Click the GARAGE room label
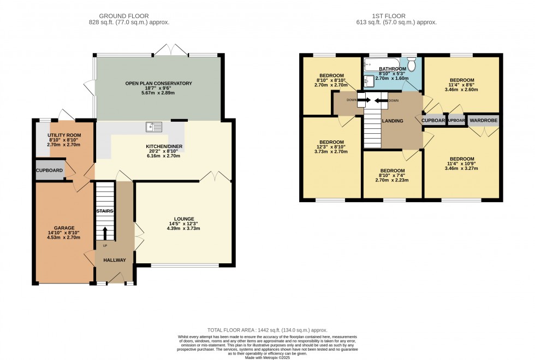(64, 228)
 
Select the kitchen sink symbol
(154, 127)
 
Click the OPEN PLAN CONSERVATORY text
(158, 84)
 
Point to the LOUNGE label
(180, 219)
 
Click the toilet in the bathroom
(412, 65)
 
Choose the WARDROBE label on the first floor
(483, 120)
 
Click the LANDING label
(393, 121)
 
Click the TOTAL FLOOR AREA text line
(267, 330)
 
